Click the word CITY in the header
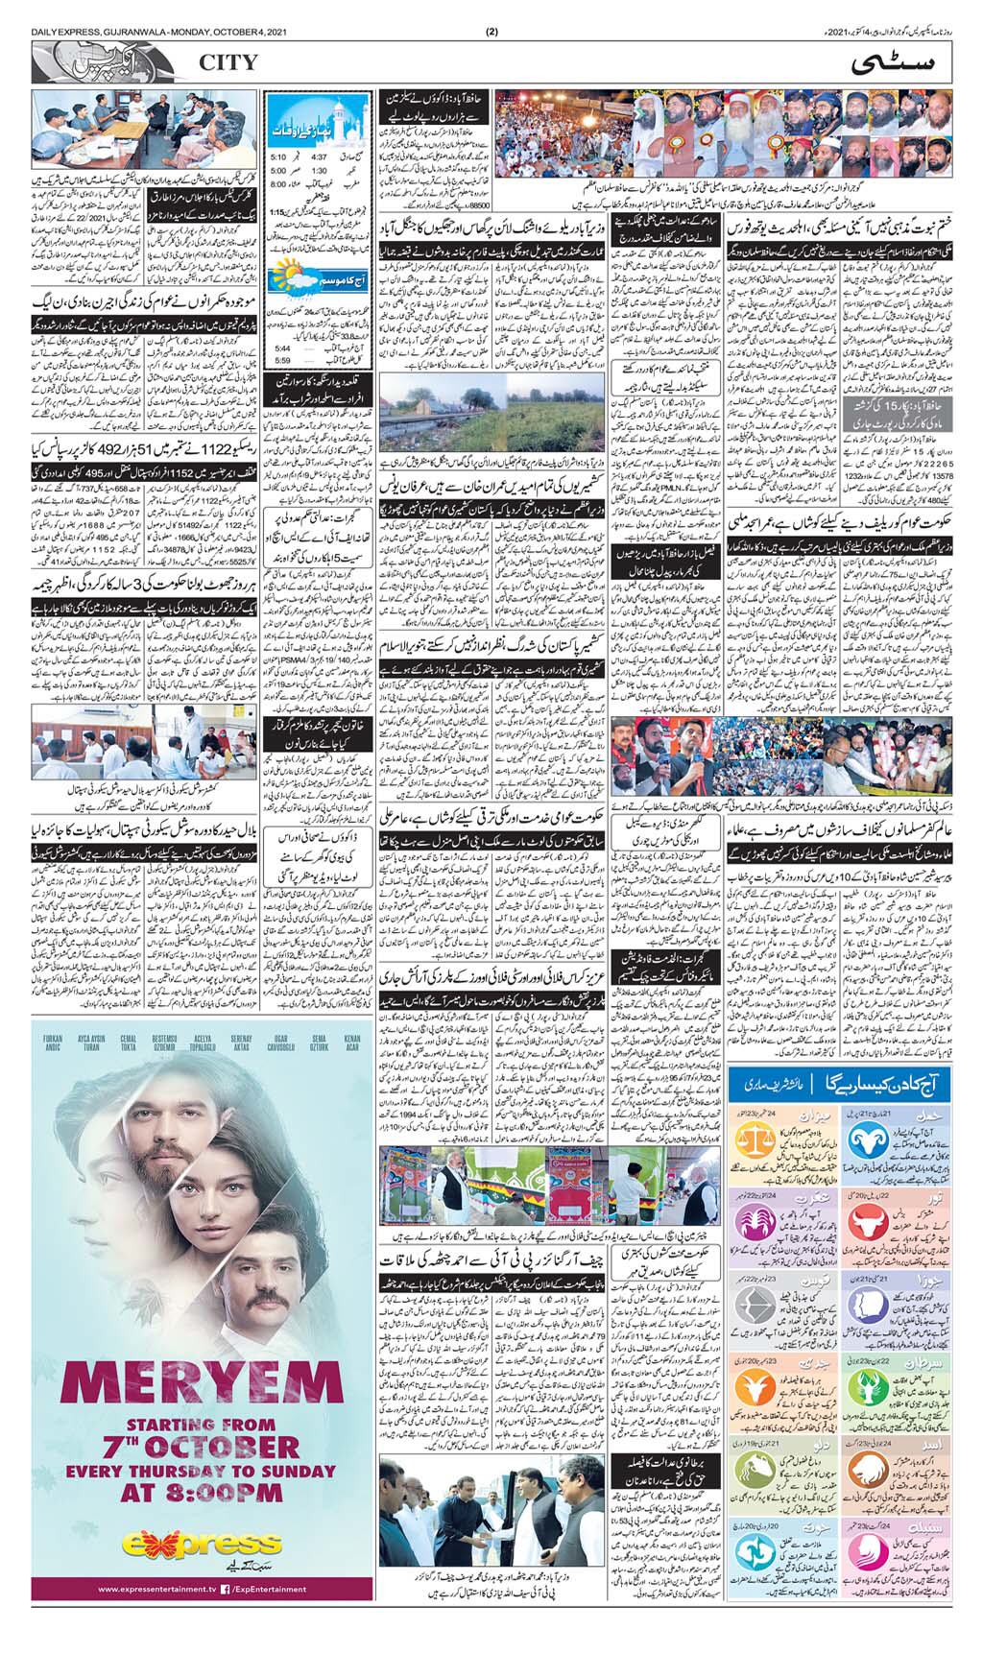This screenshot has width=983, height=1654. pyautogui.click(x=228, y=63)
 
